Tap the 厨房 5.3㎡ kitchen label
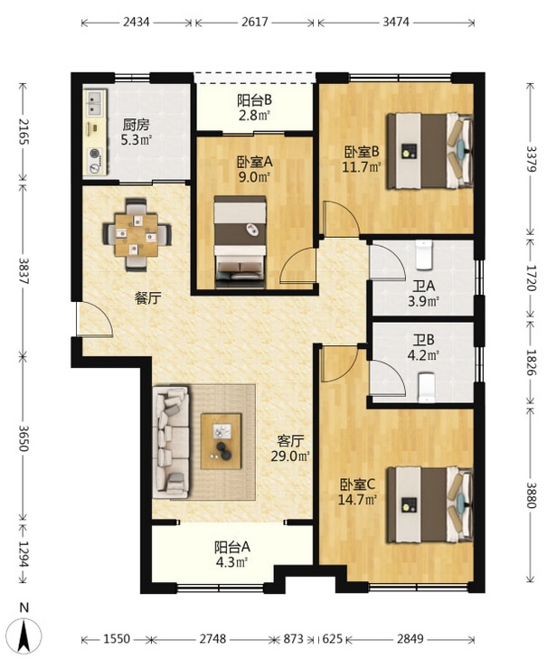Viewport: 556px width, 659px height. (137, 132)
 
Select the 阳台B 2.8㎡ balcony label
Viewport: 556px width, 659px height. (254, 108)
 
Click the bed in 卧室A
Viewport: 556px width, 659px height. (240, 241)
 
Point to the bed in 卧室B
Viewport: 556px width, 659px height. (429, 150)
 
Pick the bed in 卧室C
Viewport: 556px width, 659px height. (429, 504)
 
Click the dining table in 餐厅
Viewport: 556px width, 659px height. (137, 234)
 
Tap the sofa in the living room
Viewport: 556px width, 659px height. (171, 443)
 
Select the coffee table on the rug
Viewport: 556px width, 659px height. (221, 441)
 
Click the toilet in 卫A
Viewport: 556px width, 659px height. (424, 254)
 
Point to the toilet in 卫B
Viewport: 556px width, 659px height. (427, 388)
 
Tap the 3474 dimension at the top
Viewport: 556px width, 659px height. (396, 22)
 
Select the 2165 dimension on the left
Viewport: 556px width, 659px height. (24, 132)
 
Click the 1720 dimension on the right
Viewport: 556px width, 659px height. (531, 278)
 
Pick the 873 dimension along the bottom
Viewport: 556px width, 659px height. (293, 639)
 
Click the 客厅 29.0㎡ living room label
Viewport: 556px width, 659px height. (290, 448)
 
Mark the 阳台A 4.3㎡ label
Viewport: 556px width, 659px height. (232, 554)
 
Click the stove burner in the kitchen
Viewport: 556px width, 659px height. (95, 161)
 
